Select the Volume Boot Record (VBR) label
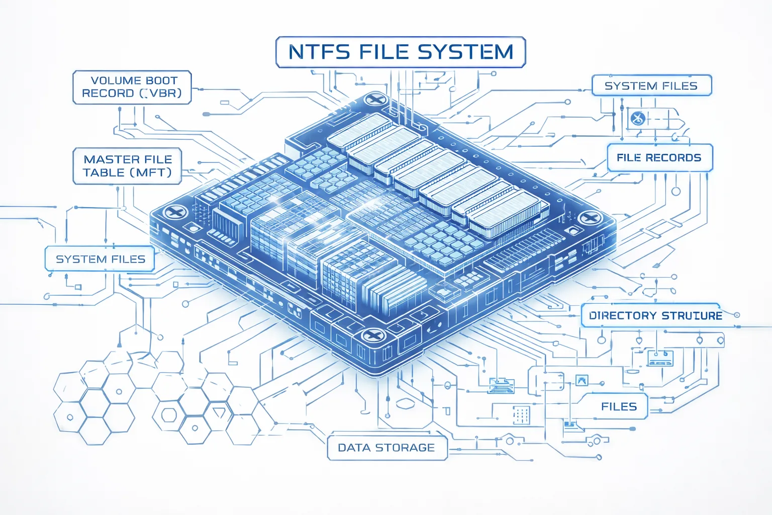coord(132,87)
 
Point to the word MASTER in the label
coord(106,159)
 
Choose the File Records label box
coord(659,157)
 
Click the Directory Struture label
coord(655,315)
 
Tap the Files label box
coord(619,406)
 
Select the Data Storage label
coord(387,447)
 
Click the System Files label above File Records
coord(651,85)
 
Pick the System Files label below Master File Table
coord(101,259)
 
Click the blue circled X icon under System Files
coord(638,119)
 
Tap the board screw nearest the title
coord(374,100)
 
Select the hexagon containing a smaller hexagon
coord(169,415)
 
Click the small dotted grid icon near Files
coord(521,414)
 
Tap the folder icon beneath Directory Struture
coord(660,358)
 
